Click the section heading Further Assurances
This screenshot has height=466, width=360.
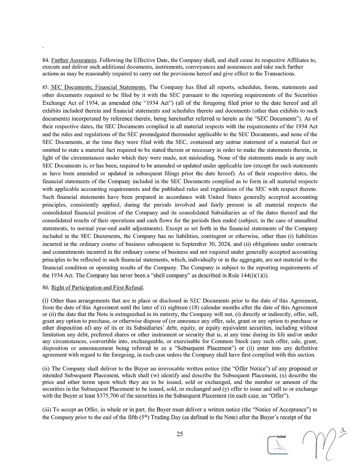74,60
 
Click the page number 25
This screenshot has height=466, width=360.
180,434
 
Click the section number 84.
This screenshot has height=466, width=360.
46,60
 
